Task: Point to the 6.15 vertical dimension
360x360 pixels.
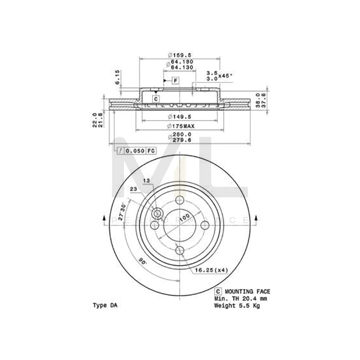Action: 117,77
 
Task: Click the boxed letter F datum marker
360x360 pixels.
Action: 175,81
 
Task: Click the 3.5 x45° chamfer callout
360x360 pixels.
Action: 219,73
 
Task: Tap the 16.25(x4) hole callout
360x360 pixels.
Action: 211,270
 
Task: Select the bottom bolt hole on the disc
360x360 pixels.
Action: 180,250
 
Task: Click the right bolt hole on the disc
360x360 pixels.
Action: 205,225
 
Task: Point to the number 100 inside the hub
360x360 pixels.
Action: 184,219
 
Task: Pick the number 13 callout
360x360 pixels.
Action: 146,181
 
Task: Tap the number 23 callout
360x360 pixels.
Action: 133,189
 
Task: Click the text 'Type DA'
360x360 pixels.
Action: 105,305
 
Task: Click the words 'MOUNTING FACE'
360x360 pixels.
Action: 247,292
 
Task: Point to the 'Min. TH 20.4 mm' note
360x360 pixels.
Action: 240,298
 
